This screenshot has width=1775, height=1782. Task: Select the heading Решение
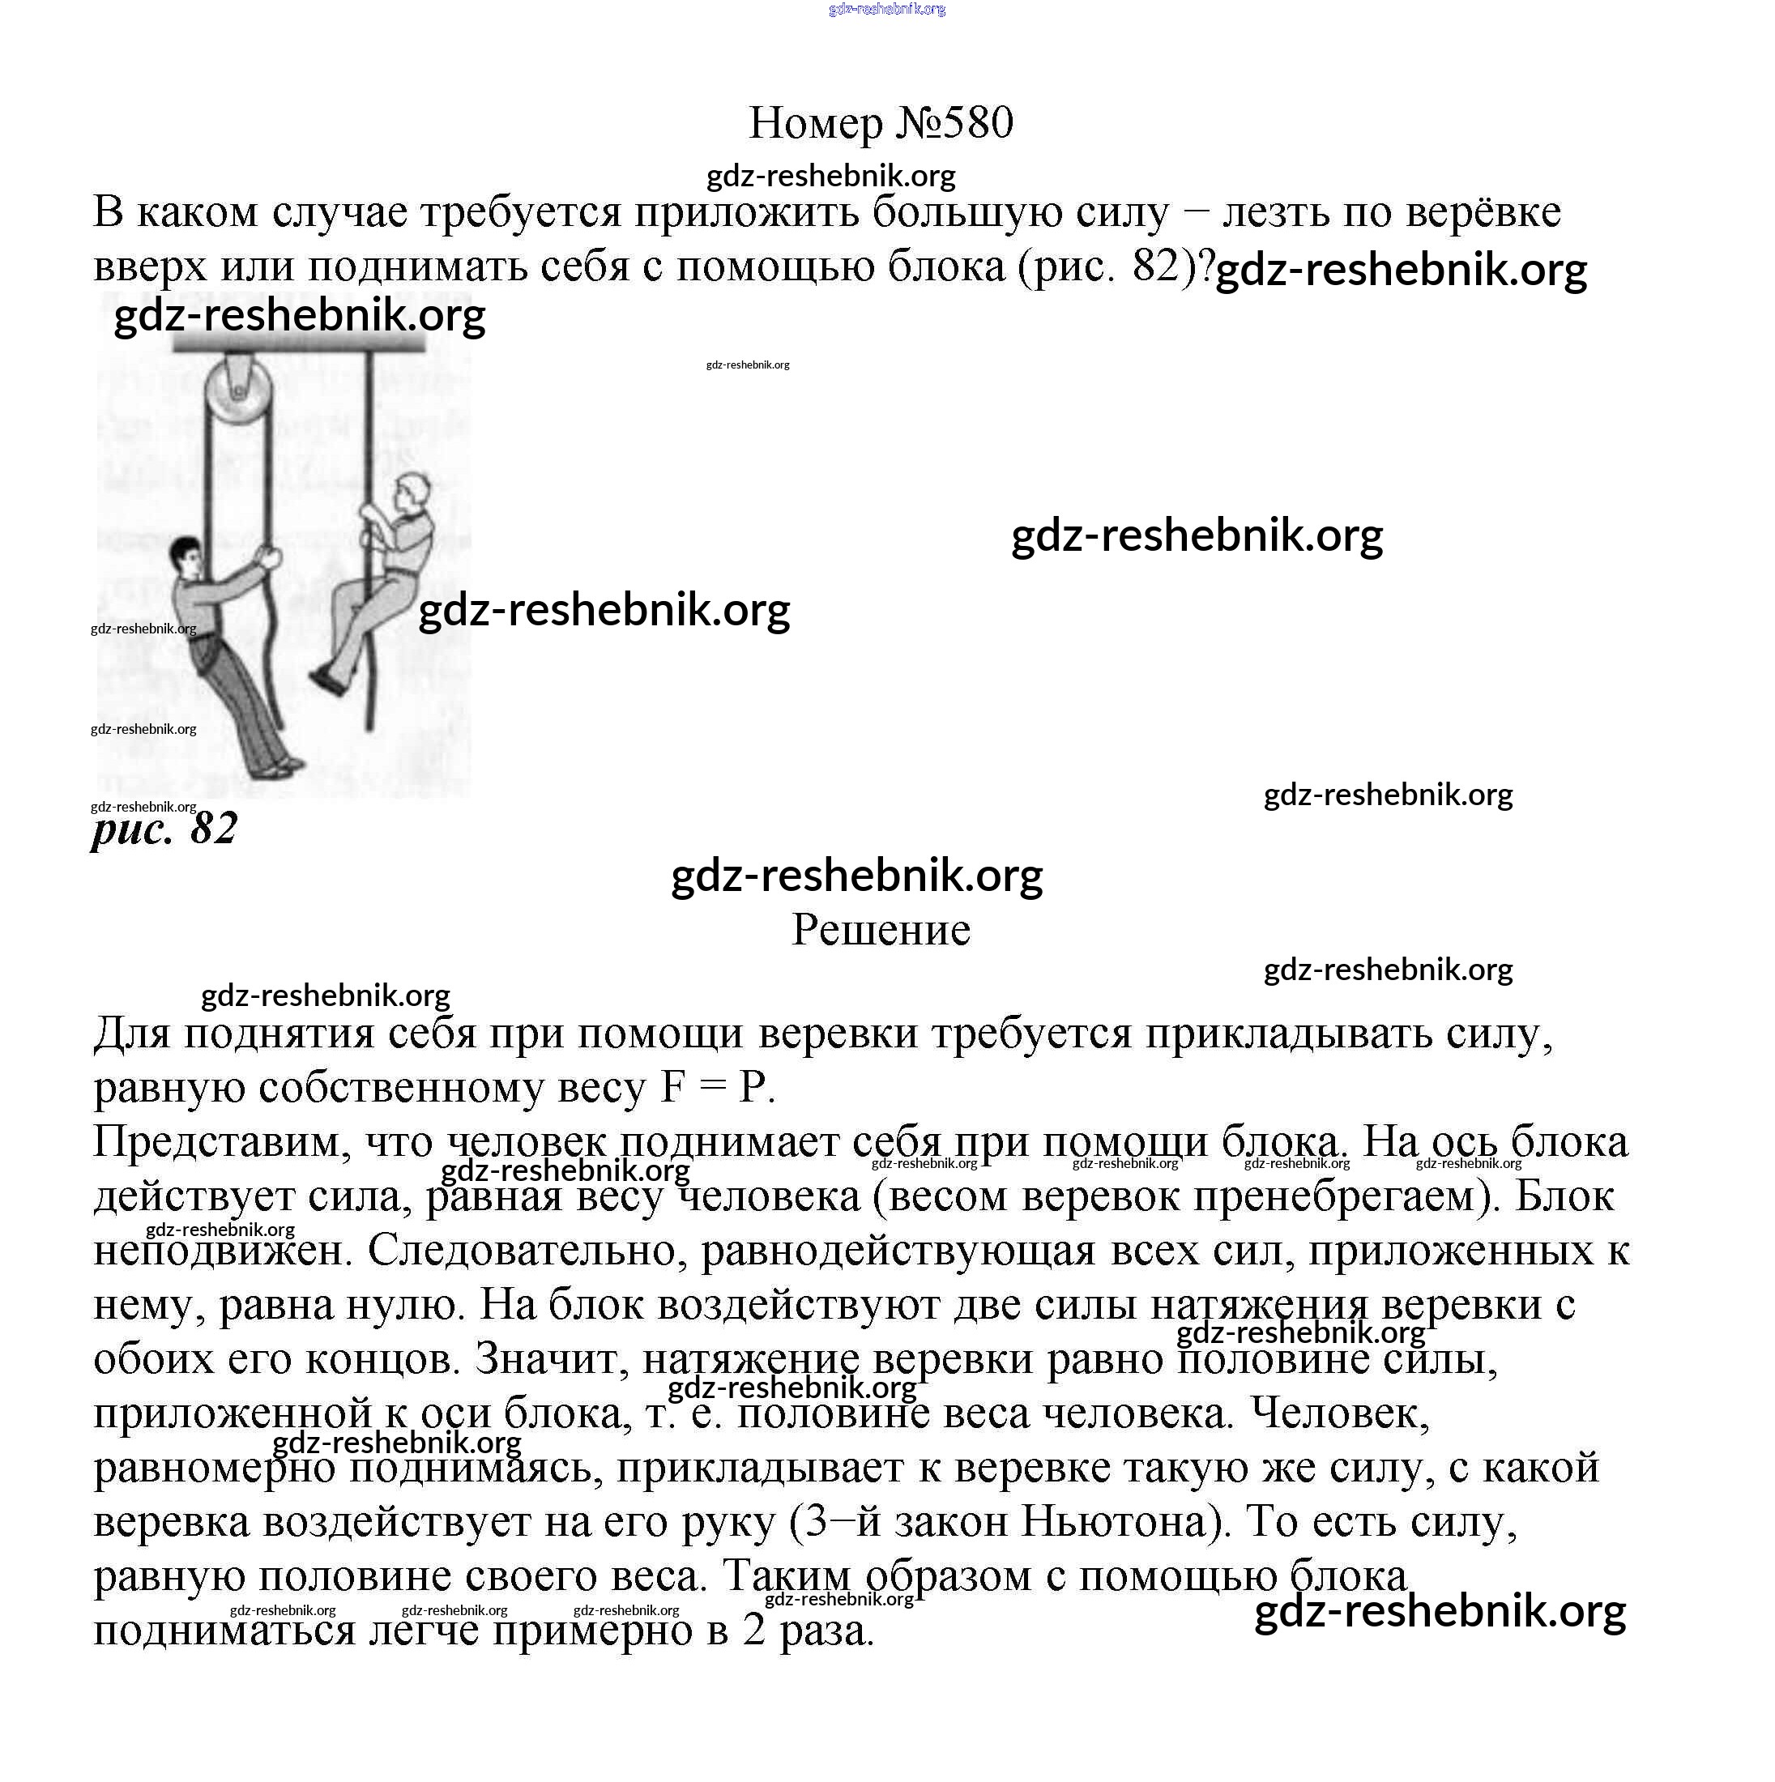tap(881, 930)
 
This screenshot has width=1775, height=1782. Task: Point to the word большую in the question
tap(950, 212)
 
